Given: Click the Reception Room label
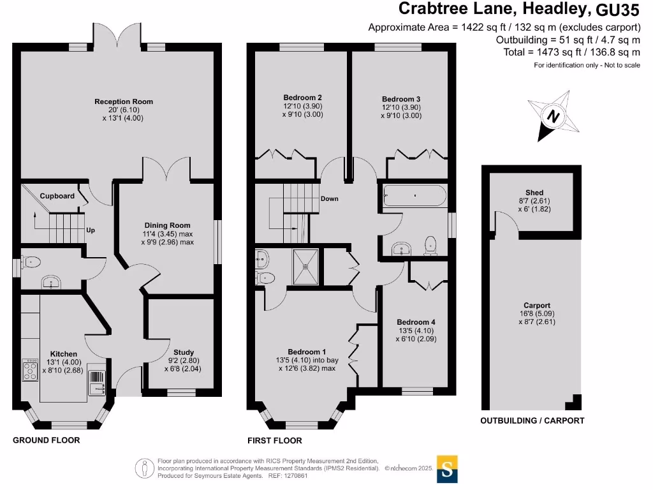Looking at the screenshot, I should [124, 101].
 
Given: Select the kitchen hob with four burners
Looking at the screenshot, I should [30, 370].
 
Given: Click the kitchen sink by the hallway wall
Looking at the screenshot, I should [96, 377].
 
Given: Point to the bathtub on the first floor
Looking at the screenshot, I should [415, 195].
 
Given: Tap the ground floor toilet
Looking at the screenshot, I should [31, 261].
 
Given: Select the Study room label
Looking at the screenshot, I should [184, 352].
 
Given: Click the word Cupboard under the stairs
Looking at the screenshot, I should [57, 196].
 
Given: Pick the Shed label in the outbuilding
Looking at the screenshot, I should [534, 193].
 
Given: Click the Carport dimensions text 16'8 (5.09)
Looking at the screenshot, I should [537, 314].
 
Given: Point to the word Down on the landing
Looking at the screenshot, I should [330, 199].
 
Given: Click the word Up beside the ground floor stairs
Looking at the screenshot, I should [91, 230].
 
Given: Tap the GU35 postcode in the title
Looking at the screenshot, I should [617, 10].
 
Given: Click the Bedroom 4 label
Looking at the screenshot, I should [416, 322].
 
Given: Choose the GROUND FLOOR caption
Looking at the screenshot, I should [47, 440].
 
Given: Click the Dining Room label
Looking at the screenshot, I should [167, 225].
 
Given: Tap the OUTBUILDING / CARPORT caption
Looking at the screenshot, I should [532, 420].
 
